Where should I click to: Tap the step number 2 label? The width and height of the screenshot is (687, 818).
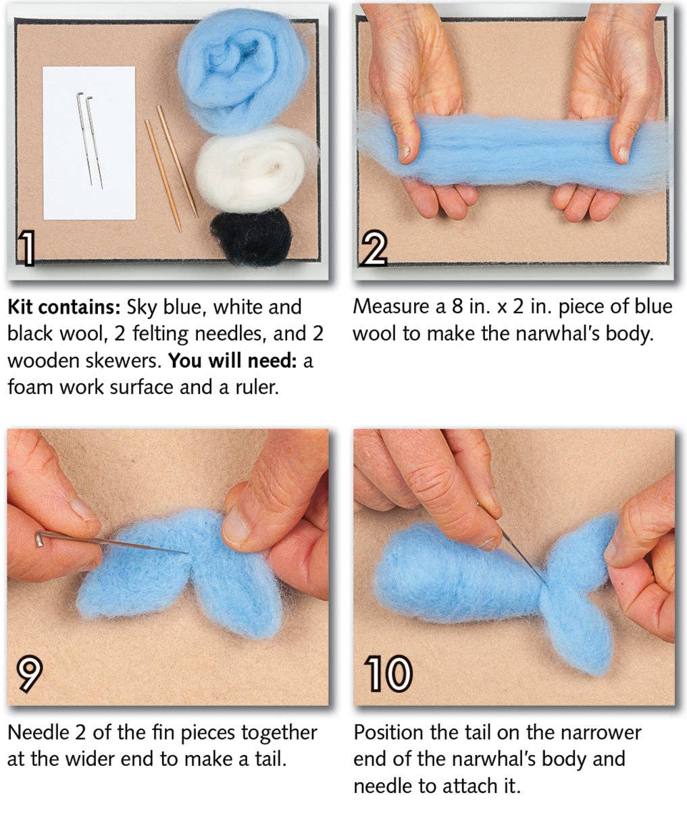[374, 248]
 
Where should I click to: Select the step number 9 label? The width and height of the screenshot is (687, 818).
[29, 673]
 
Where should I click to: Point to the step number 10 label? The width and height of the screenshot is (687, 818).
[388, 673]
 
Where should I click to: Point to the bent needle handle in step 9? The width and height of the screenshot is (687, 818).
[43, 537]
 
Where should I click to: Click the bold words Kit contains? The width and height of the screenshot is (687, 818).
[63, 308]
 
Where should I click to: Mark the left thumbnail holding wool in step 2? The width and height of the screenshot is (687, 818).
[405, 152]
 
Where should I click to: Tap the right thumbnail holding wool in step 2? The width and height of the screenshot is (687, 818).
[623, 153]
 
